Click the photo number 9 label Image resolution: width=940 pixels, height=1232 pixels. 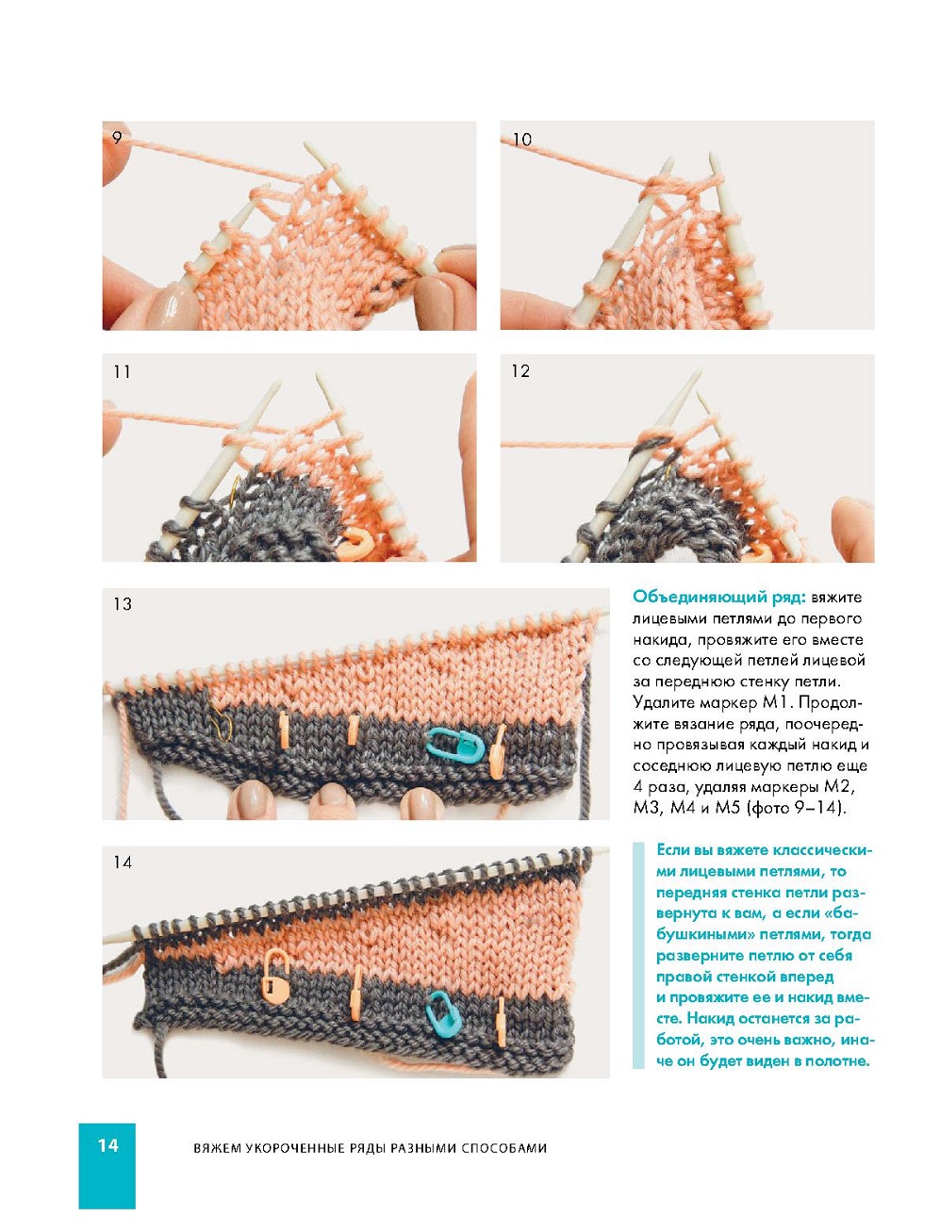click(x=117, y=138)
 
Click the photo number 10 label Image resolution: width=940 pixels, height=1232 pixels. click(x=522, y=140)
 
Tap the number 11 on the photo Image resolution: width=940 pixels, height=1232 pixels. click(x=122, y=371)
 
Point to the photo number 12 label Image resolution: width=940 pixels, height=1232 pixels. click(x=520, y=371)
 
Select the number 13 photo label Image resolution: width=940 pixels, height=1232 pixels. click(x=123, y=604)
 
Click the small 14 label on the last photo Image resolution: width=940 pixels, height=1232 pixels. click(x=123, y=862)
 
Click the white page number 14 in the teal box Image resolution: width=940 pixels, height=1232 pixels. click(x=107, y=1145)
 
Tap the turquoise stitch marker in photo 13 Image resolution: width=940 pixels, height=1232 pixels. click(x=455, y=746)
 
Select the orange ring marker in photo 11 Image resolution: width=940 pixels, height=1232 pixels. click(x=357, y=543)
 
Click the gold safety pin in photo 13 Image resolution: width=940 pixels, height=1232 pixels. click(x=223, y=722)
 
